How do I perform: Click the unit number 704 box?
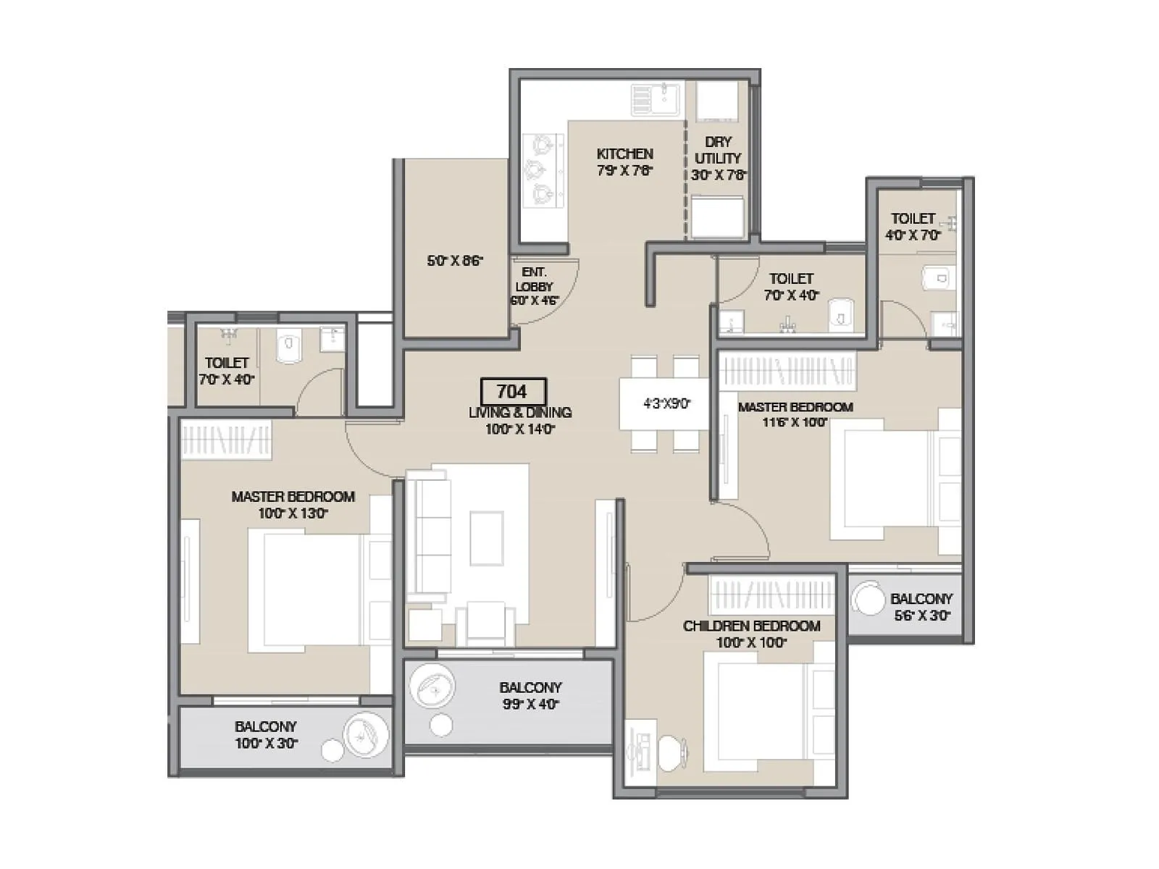coord(512,392)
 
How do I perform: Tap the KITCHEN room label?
coord(624,154)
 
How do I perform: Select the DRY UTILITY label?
coord(718,150)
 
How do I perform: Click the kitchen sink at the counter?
coord(656,100)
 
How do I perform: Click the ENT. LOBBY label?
coord(535,279)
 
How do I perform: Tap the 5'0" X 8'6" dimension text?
coord(455,261)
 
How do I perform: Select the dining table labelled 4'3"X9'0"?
coord(665,404)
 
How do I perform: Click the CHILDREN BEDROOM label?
coord(751,626)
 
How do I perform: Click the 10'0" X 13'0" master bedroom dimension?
coord(293,514)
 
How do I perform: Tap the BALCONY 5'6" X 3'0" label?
coord(921,607)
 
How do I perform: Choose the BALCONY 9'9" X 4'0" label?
coord(530,695)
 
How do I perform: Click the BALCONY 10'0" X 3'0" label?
coord(266,734)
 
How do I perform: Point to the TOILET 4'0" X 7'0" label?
coord(913,226)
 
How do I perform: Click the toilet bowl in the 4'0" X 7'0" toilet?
coord(939,278)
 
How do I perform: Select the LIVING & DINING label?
coord(519,413)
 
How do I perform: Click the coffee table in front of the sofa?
coord(486,538)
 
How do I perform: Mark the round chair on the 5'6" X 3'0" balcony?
coord(867,600)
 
